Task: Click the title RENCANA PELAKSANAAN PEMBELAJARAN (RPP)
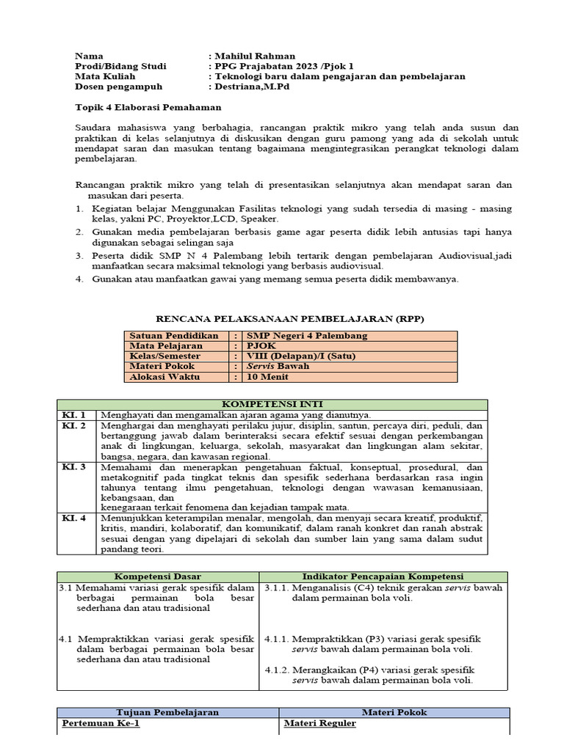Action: tap(291, 318)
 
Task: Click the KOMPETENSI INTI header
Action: tap(272, 404)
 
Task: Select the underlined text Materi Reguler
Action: tap(319, 723)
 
